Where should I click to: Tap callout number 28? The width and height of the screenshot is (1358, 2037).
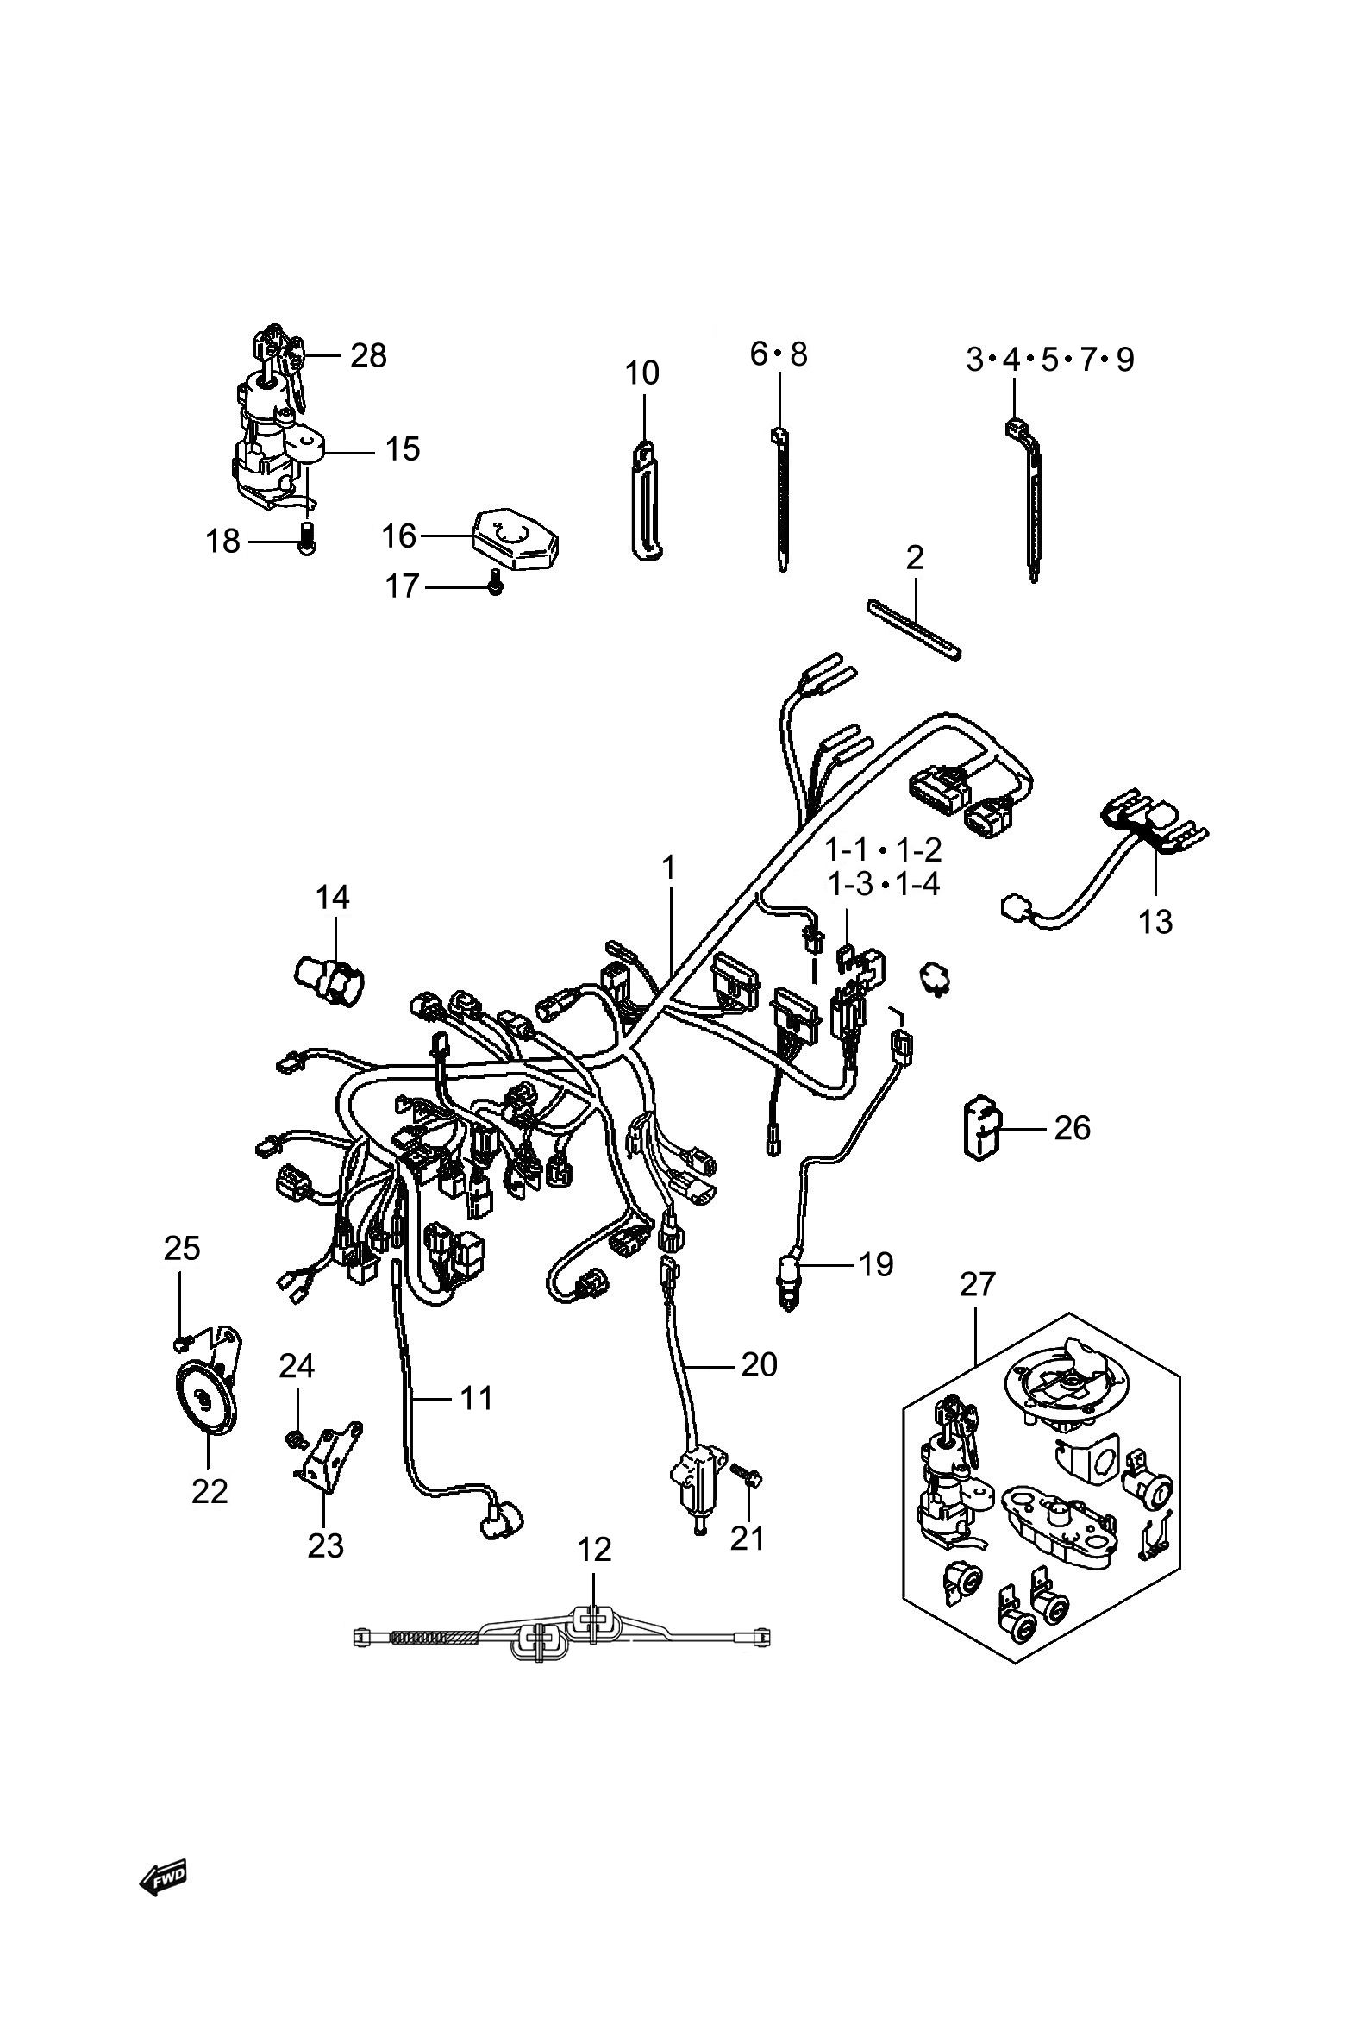[368, 356]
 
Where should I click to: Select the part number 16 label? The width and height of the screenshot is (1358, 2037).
[399, 537]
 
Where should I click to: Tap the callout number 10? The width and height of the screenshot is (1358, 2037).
[641, 373]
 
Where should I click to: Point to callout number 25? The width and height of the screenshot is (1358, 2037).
[182, 1249]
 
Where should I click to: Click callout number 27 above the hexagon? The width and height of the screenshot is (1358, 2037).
[978, 1284]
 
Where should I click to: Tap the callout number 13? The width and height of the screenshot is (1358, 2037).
[1155, 922]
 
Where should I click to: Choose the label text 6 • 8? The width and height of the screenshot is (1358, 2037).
[779, 354]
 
